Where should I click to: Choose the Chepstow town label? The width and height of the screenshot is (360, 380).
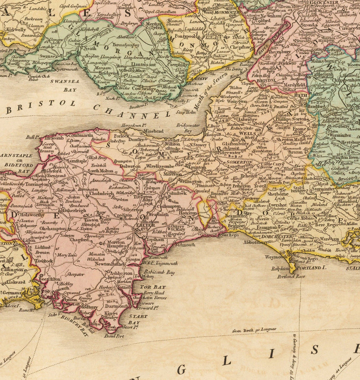(x=240, y=47)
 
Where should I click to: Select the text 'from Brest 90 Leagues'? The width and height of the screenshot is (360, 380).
(x=254, y=330)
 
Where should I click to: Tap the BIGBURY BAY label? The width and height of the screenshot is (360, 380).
(x=74, y=324)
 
